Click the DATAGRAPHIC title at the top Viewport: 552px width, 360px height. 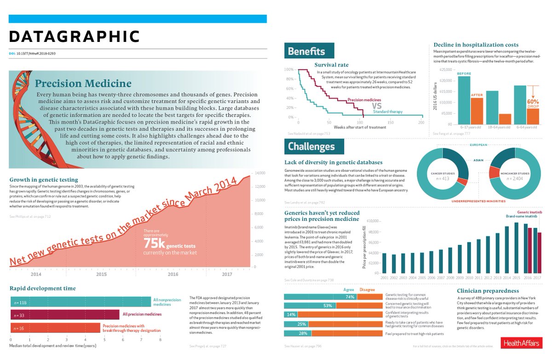tap(74, 36)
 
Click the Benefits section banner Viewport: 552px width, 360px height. tap(307, 52)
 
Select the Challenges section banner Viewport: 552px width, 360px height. tap(313, 146)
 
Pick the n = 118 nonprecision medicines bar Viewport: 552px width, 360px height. tap(80, 302)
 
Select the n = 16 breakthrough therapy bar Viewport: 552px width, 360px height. tap(55, 328)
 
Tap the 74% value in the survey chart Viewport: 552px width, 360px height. tap(350, 297)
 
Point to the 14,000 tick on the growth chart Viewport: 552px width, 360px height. tap(260, 173)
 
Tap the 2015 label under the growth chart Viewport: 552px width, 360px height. tap(102, 274)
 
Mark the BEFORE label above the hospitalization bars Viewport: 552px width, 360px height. tap(465, 74)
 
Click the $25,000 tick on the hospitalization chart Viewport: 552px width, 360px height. tap(446, 70)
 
